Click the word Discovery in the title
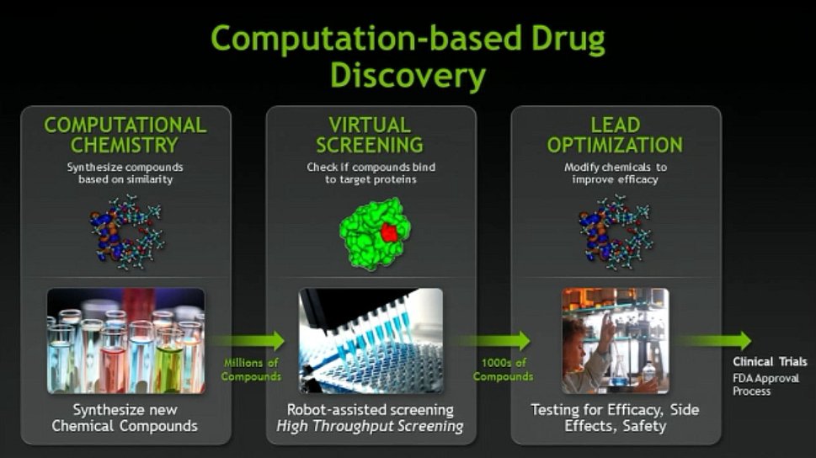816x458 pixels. tap(408, 76)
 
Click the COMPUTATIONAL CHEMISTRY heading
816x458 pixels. tap(125, 135)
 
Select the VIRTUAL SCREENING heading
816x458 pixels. tap(370, 135)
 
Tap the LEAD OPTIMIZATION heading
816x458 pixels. tap(615, 135)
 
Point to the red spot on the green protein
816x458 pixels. tap(389, 232)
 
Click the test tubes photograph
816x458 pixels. tap(126, 341)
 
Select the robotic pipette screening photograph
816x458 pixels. tap(371, 341)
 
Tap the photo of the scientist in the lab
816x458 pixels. tap(616, 341)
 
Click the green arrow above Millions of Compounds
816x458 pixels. tap(248, 341)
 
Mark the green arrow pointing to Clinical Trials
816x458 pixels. tap(714, 341)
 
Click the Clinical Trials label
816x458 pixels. tap(770, 362)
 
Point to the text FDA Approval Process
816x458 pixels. tap(765, 385)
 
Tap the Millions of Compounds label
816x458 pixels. tap(251, 370)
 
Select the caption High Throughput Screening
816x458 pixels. tap(370, 426)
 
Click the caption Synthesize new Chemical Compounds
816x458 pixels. tap(125, 418)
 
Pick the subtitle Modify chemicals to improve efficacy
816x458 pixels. tap(615, 173)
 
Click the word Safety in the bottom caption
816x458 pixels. tap(644, 426)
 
